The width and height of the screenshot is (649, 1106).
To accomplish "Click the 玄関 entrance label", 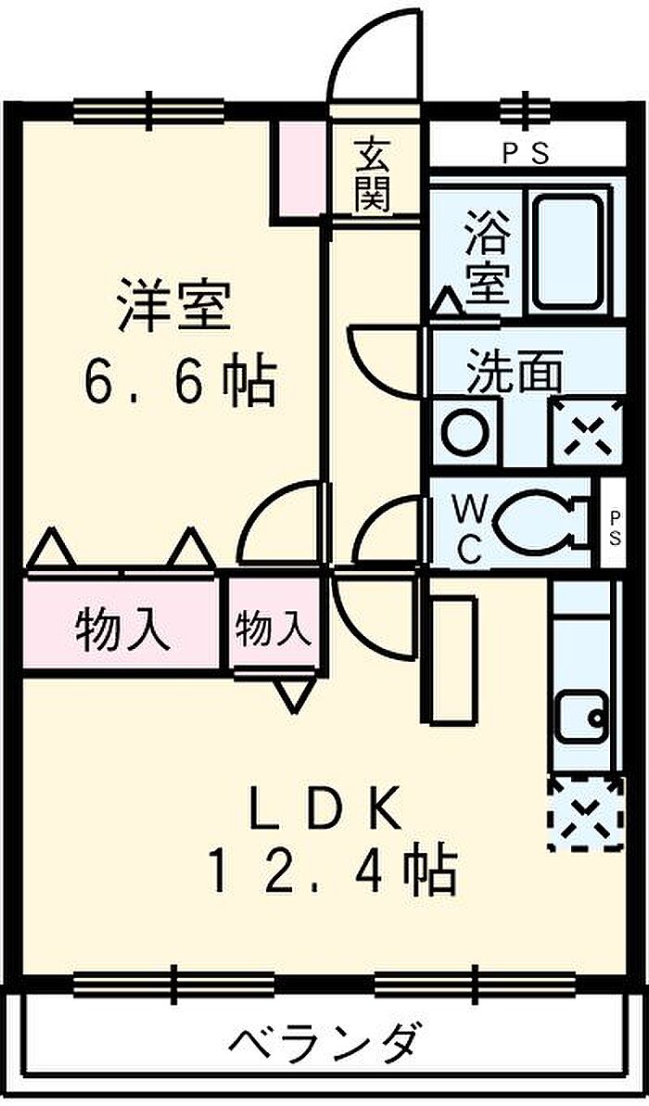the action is [x=372, y=176].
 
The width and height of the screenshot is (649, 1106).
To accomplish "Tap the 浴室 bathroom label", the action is [x=488, y=258].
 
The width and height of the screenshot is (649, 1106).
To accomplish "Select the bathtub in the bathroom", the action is [x=568, y=251].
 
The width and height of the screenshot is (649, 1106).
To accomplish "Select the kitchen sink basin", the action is [x=582, y=716].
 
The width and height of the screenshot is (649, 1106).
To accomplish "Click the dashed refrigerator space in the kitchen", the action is [x=586, y=812].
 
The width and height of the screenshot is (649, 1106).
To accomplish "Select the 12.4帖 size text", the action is [x=331, y=871].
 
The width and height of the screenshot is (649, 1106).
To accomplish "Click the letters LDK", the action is [x=324, y=807].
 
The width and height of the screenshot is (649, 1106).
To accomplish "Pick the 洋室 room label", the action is [x=174, y=305].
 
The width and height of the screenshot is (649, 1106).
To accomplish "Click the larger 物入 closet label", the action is [x=122, y=629].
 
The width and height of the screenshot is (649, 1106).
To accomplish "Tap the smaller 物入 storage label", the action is [x=273, y=629].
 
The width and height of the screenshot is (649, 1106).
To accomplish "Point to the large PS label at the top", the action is [x=526, y=154].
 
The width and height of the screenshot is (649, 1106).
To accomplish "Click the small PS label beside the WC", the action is [x=615, y=528].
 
